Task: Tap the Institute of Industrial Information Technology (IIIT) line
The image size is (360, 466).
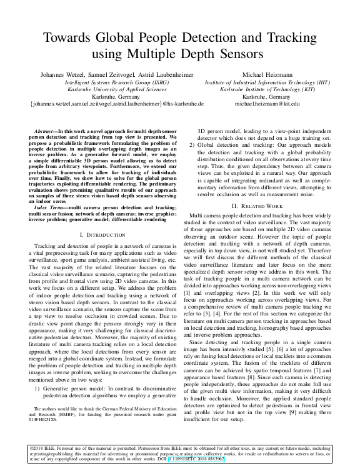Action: pyautogui.click(x=271, y=81)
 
